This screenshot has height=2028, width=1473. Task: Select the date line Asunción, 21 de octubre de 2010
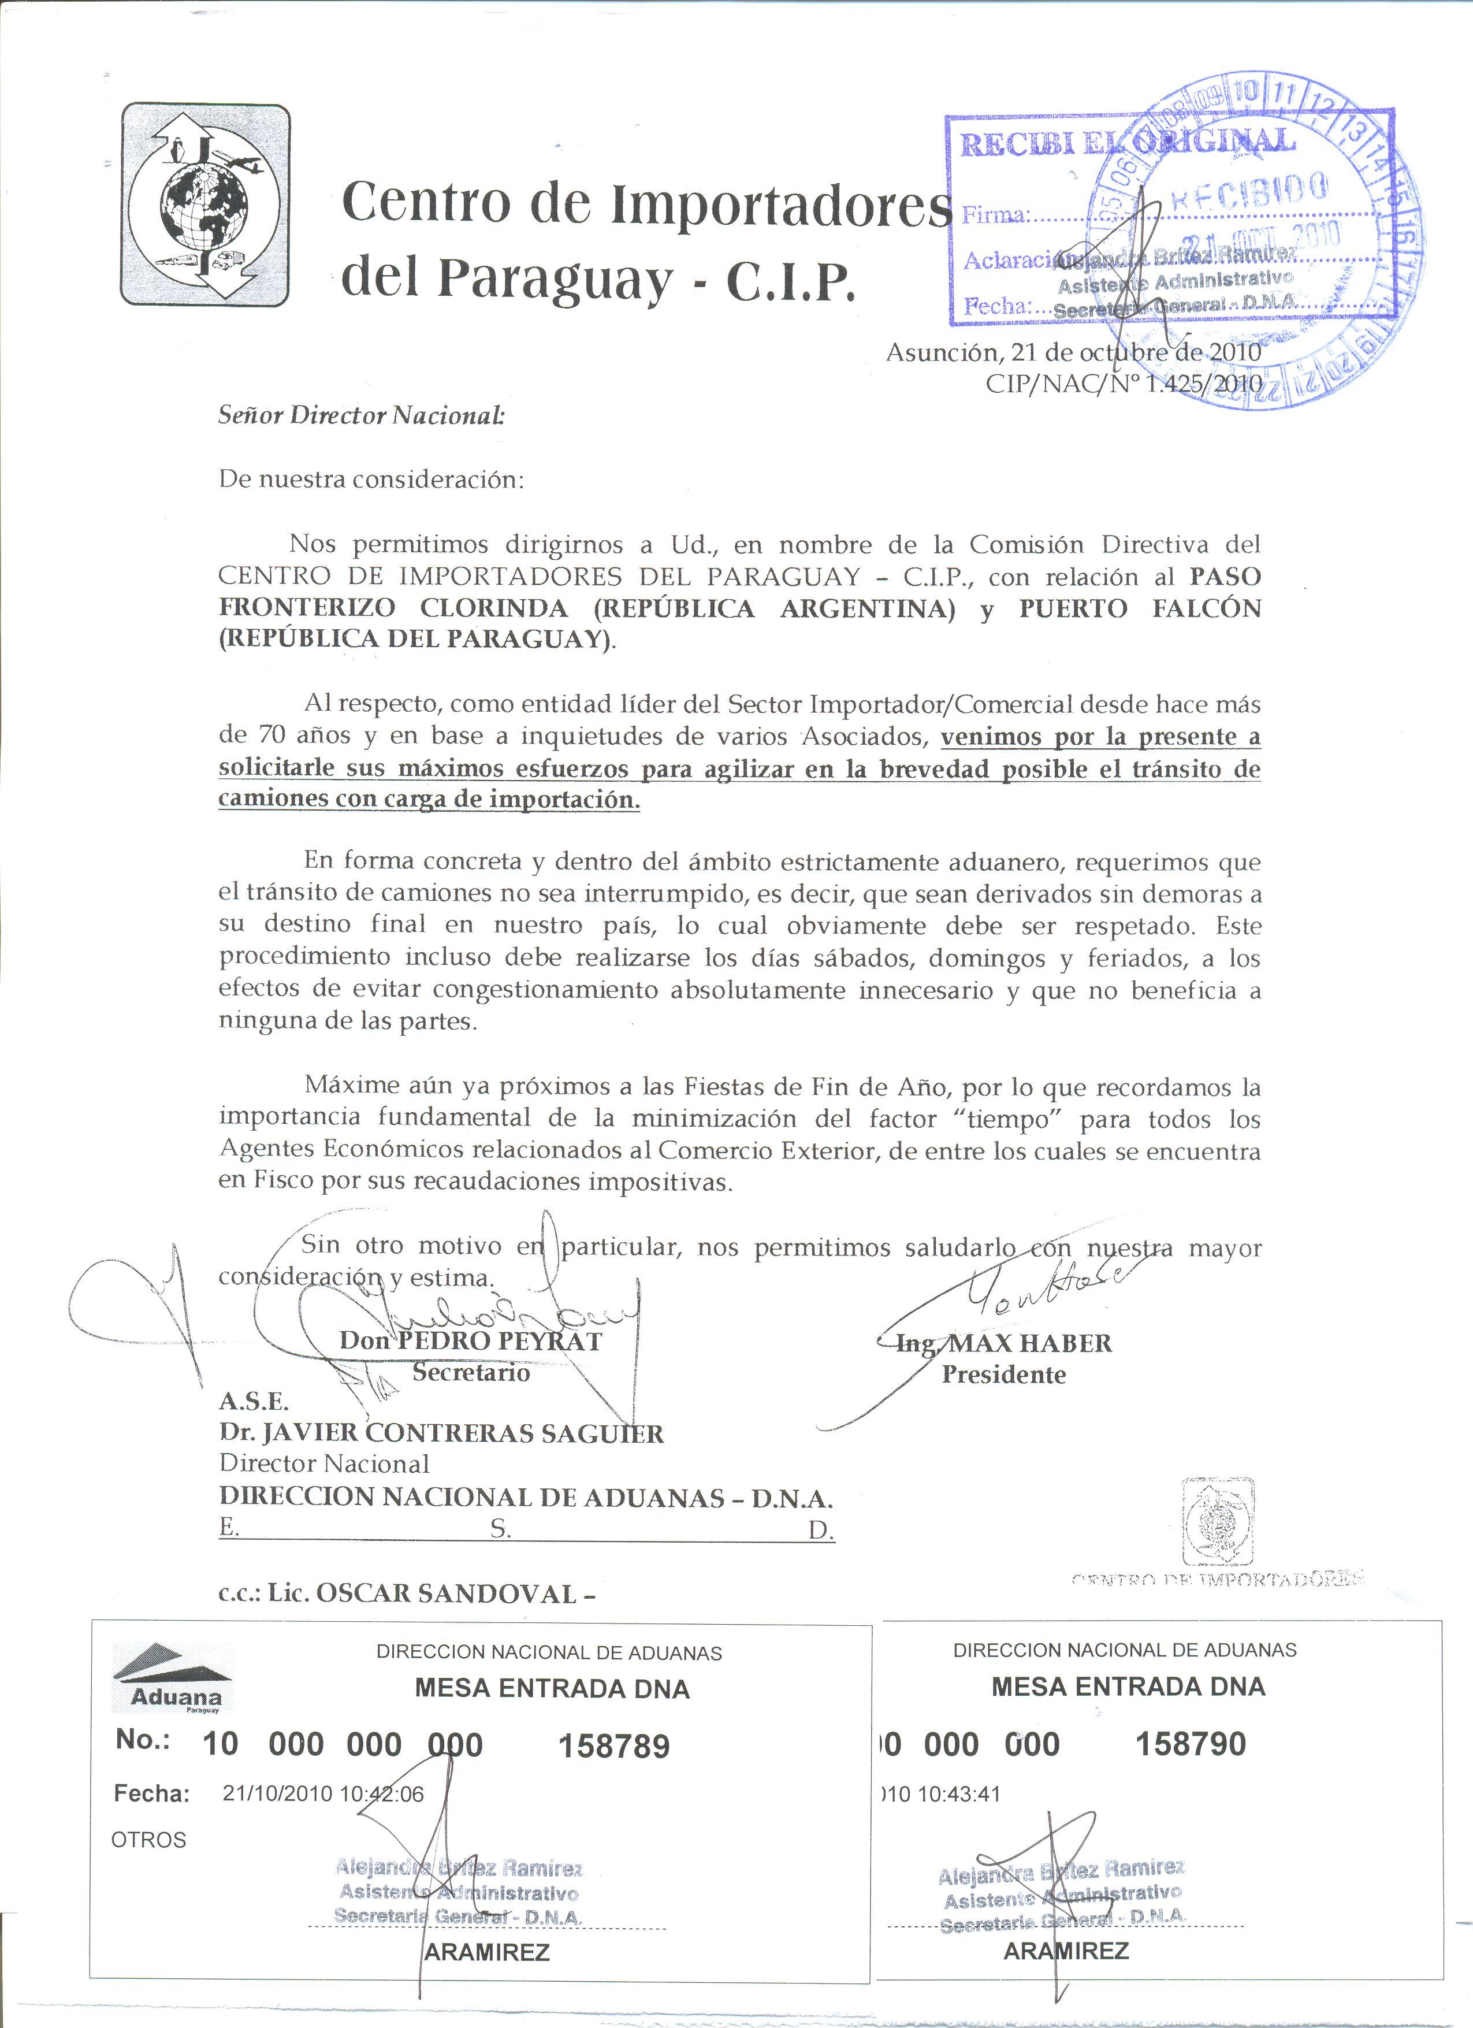click(1073, 352)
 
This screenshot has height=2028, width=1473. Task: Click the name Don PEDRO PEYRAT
click(470, 1340)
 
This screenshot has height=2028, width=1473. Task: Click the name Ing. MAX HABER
click(1004, 1343)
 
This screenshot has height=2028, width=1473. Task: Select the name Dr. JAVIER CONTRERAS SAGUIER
click(441, 1433)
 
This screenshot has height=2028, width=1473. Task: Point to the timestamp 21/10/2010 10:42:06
click(323, 1794)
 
